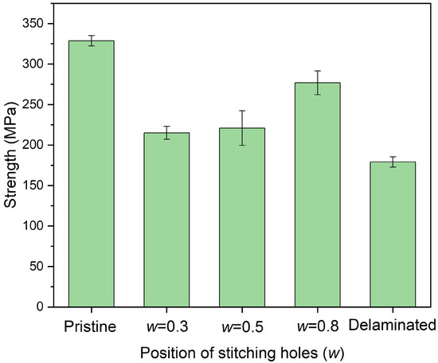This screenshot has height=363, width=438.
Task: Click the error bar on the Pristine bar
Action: click(92, 41)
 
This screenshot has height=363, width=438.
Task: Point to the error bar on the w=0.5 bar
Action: click(241, 127)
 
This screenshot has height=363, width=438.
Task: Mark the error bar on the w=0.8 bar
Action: click(316, 83)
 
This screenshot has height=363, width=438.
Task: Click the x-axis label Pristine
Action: click(92, 326)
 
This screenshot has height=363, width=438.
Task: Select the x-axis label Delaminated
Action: click(391, 326)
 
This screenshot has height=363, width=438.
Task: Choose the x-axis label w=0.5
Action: click(241, 326)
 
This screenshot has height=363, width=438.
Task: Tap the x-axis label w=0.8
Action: click(316, 326)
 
